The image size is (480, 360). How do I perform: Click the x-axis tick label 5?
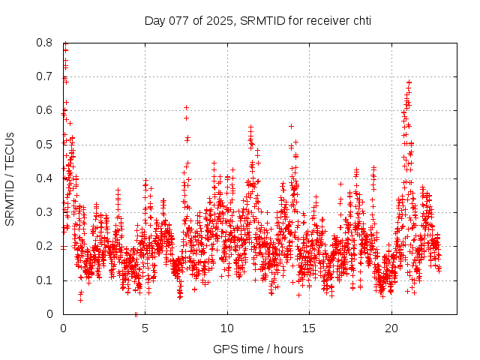tap(145, 328)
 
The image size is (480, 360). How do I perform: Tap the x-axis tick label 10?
tap(227, 328)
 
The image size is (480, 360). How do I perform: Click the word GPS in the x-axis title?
tap(224, 349)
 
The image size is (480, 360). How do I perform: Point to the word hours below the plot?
tap(289, 349)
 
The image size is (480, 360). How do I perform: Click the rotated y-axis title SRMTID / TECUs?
tap(10, 178)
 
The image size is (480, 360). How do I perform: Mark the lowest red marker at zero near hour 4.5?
tap(136, 314)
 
